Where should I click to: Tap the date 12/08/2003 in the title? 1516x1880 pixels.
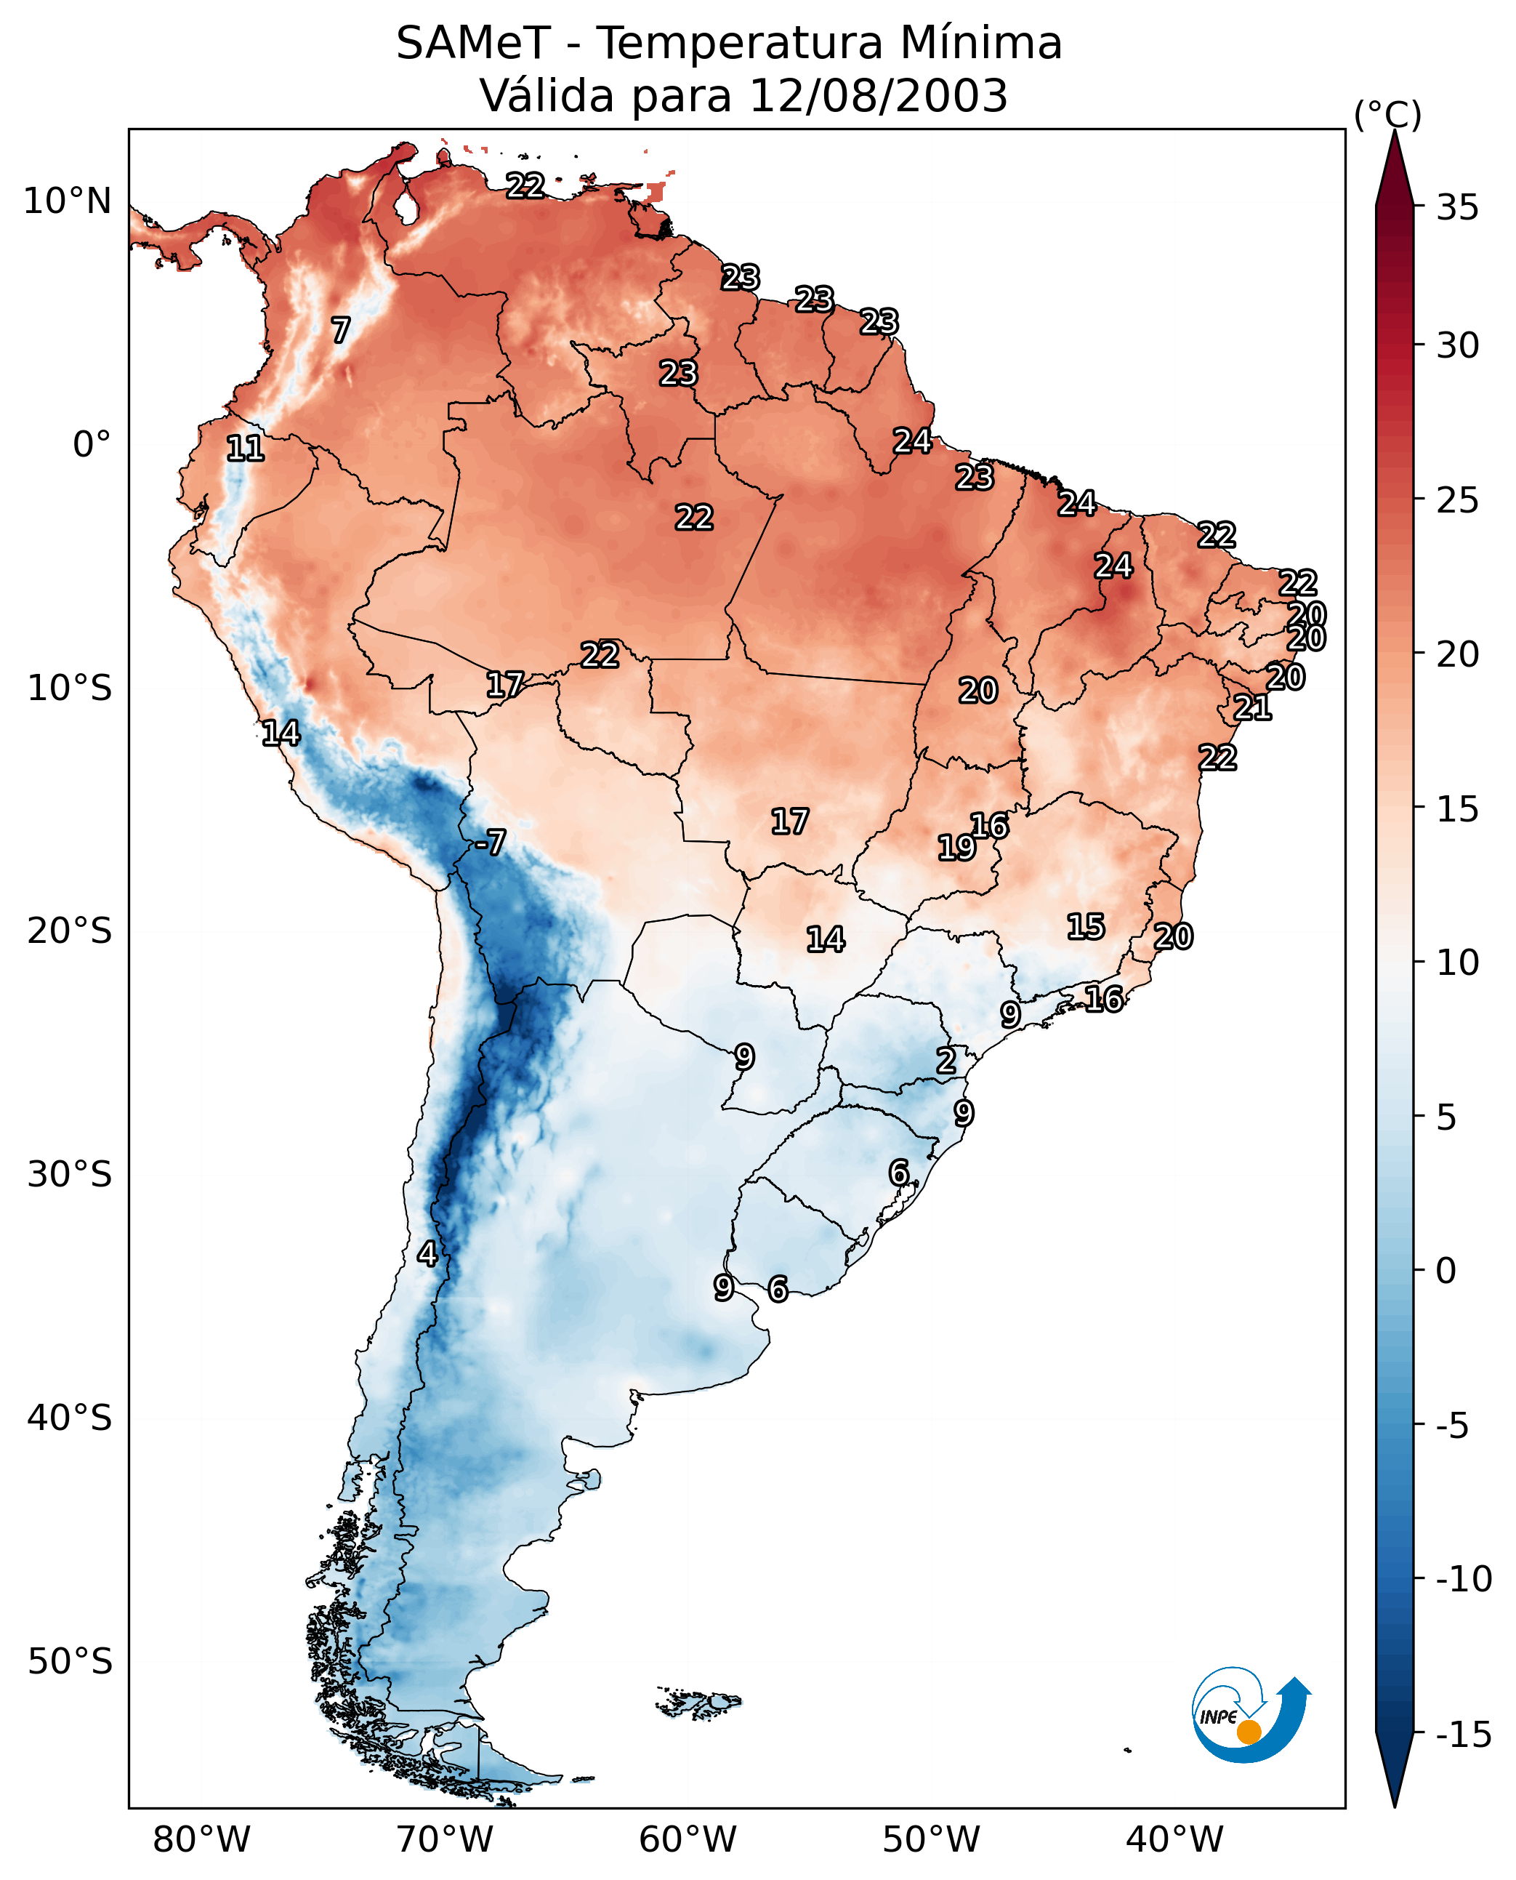click(878, 95)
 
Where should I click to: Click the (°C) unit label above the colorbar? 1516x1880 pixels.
click(1387, 114)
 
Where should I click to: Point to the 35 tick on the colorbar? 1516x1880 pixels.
click(1457, 208)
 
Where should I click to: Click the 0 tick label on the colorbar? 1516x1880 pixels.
click(1446, 1270)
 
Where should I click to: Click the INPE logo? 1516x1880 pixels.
click(1251, 1715)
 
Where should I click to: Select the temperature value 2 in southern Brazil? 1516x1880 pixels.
click(946, 1061)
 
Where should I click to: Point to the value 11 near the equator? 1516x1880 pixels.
click(246, 449)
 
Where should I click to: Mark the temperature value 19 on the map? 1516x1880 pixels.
click(956, 848)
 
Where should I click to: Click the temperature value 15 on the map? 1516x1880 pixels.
click(1086, 927)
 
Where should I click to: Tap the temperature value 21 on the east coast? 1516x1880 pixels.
click(1252, 707)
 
